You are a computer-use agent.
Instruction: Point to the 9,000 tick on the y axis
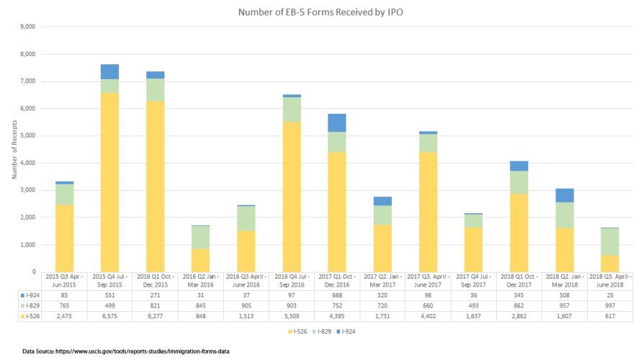(30, 27)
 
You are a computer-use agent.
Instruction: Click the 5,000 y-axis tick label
(30, 136)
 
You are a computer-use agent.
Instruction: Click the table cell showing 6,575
(109, 315)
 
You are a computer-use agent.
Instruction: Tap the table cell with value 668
(337, 294)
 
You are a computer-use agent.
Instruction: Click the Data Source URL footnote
(121, 351)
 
